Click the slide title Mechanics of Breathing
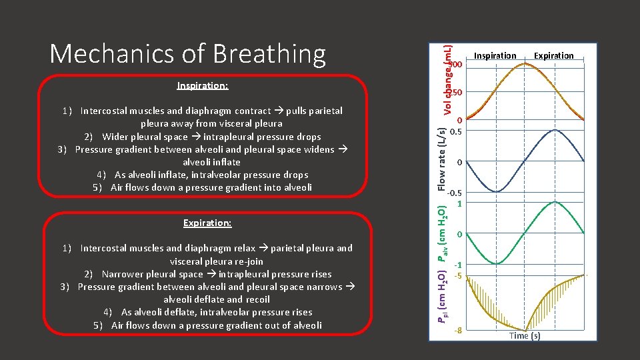[x=187, y=53]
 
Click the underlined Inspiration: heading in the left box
[x=203, y=86]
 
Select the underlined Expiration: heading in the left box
[x=207, y=223]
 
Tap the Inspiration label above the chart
[x=495, y=55]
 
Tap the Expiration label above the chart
[x=553, y=55]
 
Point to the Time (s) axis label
[x=525, y=335]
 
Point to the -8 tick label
[x=457, y=330]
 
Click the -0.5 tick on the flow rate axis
[x=455, y=193]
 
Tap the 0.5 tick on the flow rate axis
[x=457, y=131]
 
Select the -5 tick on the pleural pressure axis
[x=457, y=275]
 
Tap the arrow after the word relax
[x=263, y=248]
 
